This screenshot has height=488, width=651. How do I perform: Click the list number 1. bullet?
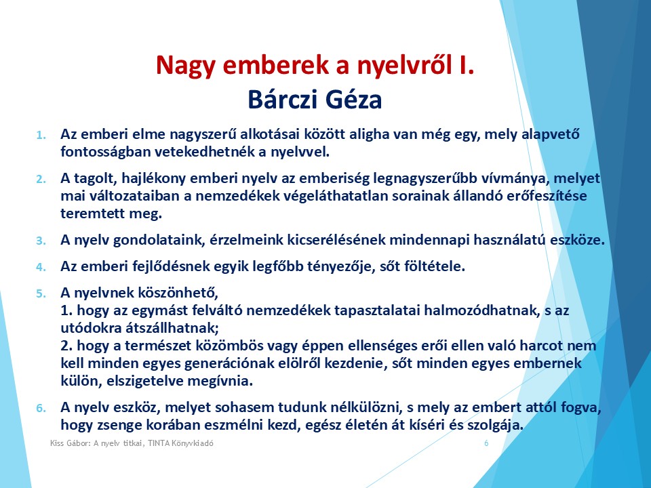(x=41, y=135)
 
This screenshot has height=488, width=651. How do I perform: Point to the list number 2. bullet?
(x=41, y=179)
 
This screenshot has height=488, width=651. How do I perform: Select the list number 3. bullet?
(x=41, y=241)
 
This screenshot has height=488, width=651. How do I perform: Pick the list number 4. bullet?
(x=41, y=267)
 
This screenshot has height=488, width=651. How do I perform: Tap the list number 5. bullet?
(x=41, y=293)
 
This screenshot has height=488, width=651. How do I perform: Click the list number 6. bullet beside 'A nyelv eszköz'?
(x=41, y=408)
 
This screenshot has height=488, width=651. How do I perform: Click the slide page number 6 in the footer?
(x=486, y=443)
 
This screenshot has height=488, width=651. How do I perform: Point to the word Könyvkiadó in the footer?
(x=193, y=443)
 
